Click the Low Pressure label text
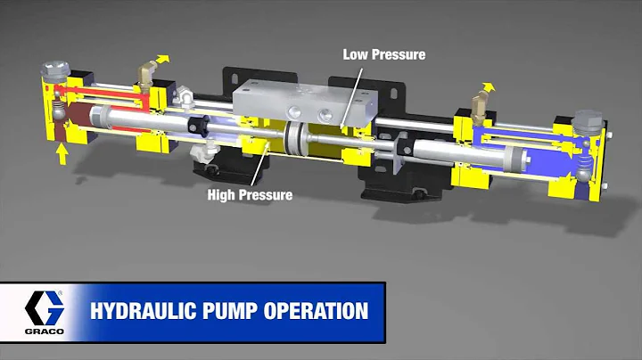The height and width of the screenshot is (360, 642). (x=383, y=54)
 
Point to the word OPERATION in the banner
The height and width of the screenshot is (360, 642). (x=311, y=311)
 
